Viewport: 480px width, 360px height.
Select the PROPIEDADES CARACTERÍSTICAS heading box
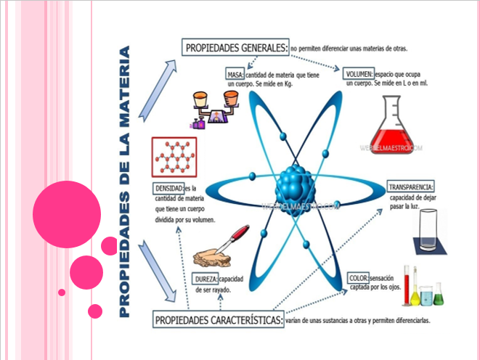click(x=218, y=319)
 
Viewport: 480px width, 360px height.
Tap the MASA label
click(x=235, y=74)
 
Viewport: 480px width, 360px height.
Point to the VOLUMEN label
click(x=359, y=74)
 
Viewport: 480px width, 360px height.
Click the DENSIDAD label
click(x=169, y=189)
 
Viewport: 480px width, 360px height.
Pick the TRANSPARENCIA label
click(x=411, y=186)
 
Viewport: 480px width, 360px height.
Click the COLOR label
click(x=358, y=278)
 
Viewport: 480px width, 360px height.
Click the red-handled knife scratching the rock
click(x=234, y=237)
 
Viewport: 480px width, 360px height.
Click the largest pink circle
click(x=67, y=214)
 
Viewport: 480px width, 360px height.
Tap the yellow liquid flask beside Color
click(x=415, y=294)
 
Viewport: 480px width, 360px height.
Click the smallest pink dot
click(x=62, y=292)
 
